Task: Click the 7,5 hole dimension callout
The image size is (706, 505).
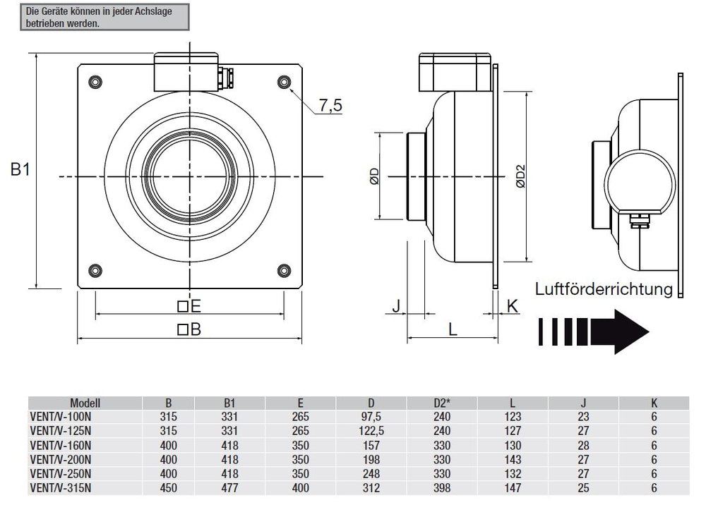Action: (330, 106)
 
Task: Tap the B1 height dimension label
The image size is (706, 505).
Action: (20, 170)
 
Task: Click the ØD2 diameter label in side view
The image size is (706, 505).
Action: (520, 176)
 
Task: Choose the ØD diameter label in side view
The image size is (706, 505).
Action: (374, 176)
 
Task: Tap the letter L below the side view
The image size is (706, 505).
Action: (453, 329)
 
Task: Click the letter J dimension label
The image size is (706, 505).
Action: (396, 305)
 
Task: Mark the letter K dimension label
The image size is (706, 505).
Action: (513, 305)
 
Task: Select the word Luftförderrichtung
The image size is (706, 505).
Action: (604, 288)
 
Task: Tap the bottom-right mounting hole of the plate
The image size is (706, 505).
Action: (284, 269)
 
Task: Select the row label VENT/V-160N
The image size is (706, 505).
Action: (60, 445)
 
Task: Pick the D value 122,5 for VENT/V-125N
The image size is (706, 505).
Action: (371, 430)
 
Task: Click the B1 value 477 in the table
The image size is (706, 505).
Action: (229, 488)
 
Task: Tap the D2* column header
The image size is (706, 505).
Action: (442, 403)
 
